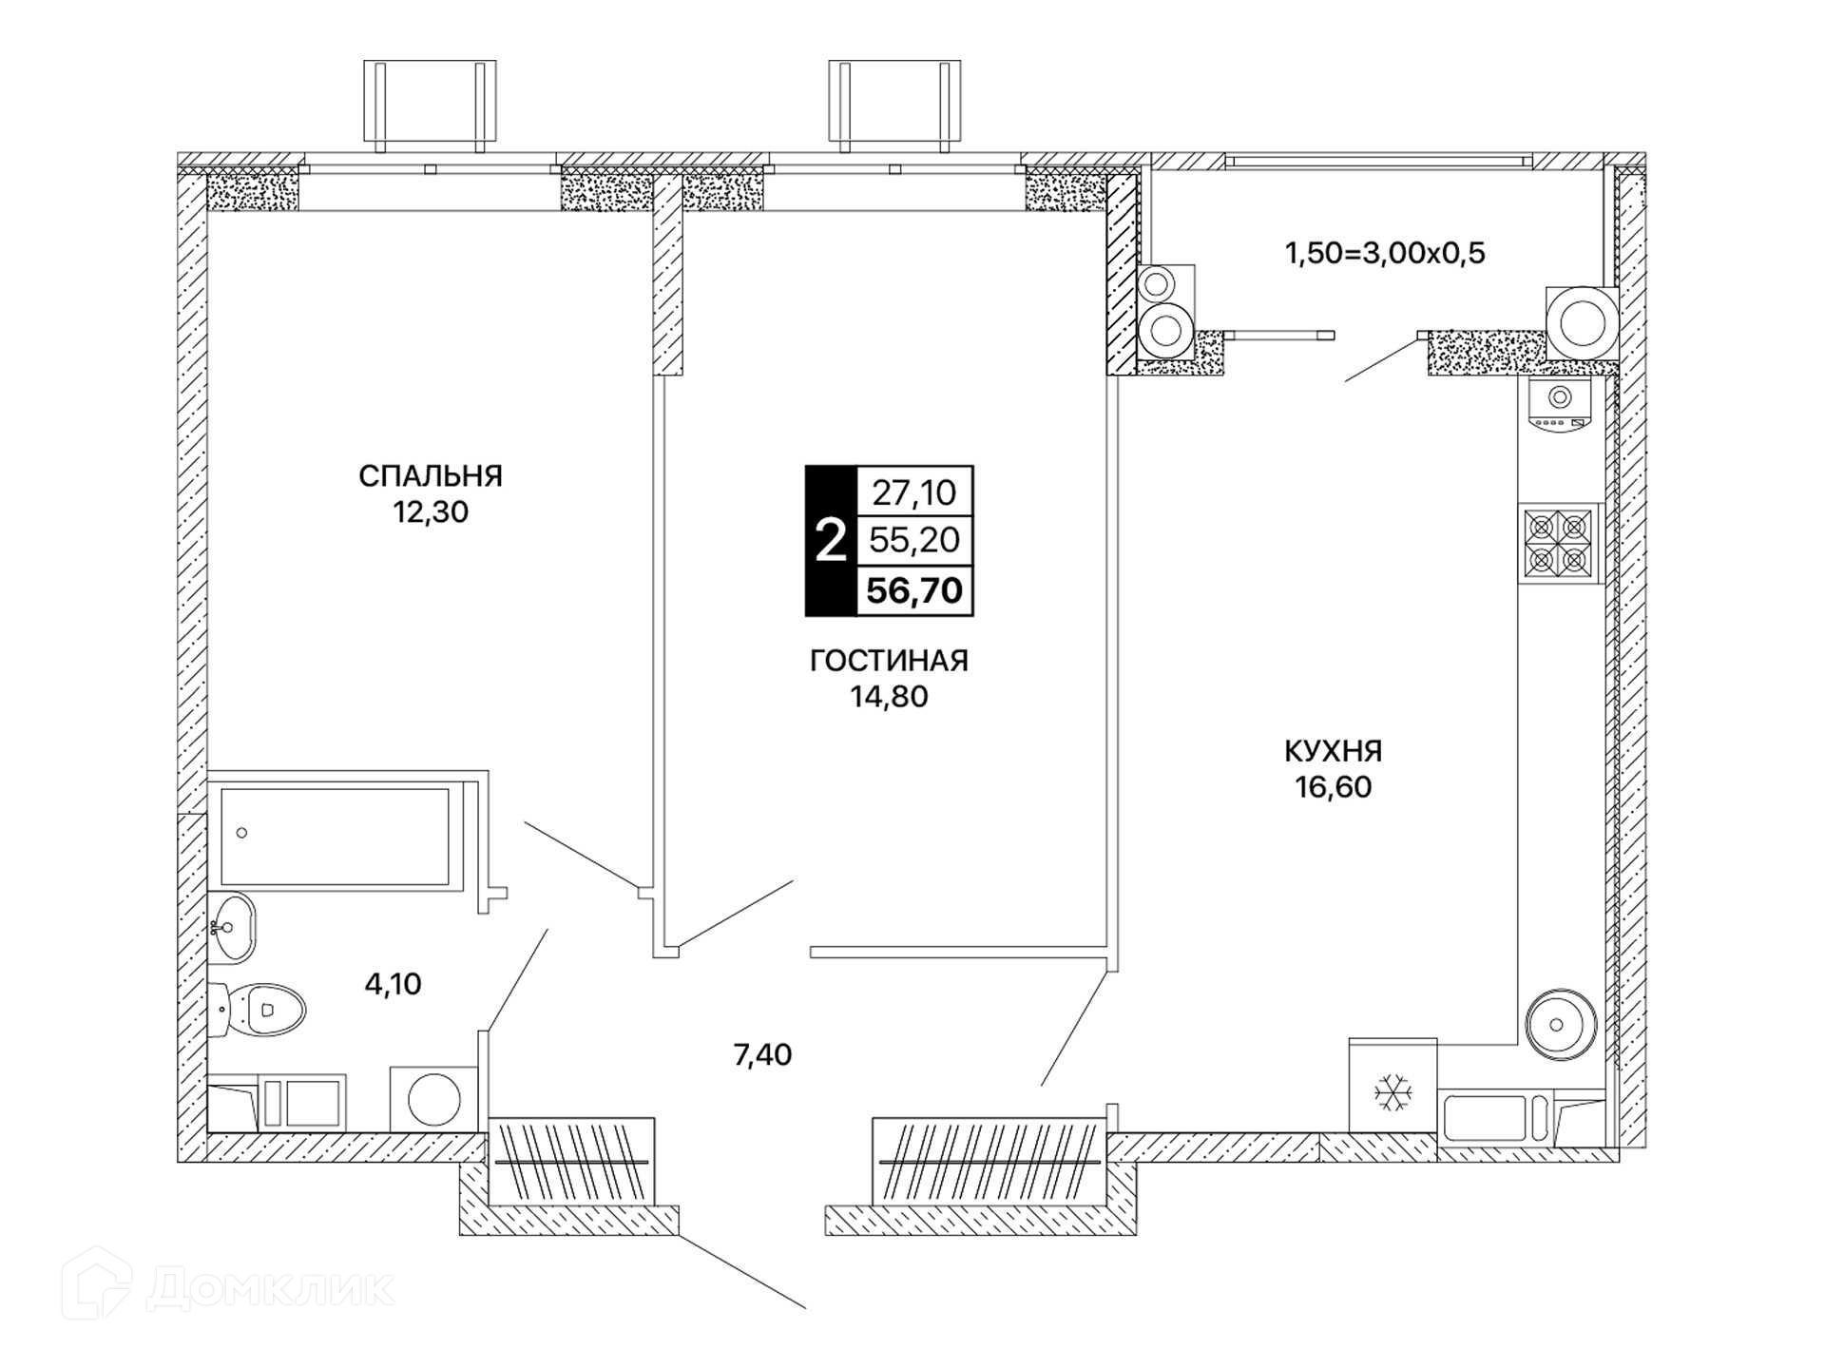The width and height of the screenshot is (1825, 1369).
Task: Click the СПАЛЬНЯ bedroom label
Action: click(431, 475)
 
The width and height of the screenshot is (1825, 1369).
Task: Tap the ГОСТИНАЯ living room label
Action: click(889, 660)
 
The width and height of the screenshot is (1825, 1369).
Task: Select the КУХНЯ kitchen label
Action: click(1333, 751)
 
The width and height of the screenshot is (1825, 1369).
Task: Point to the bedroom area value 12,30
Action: click(431, 511)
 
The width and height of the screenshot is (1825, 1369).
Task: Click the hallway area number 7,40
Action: click(762, 1054)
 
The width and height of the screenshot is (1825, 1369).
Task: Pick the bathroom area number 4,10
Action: click(393, 983)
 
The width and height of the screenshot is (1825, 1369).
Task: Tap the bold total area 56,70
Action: click(914, 590)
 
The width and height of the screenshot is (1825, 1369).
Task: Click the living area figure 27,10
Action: click(914, 492)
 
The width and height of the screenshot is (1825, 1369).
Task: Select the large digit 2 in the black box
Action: click(831, 541)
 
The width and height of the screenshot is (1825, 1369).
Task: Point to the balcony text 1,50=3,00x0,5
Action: click(1385, 253)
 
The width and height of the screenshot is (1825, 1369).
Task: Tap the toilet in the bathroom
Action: click(257, 1010)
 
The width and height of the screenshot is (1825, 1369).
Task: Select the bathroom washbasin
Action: click(232, 927)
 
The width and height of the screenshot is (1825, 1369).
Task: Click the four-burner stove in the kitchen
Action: click(1559, 543)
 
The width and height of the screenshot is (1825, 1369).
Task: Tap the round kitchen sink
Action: click(1561, 1025)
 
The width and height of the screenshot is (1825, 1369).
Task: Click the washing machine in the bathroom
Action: click(433, 1099)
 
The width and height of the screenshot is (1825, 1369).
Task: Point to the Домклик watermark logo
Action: click(228, 1287)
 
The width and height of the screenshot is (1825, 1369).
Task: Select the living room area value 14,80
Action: click(889, 697)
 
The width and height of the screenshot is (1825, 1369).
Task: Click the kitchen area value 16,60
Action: click(1333, 787)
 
